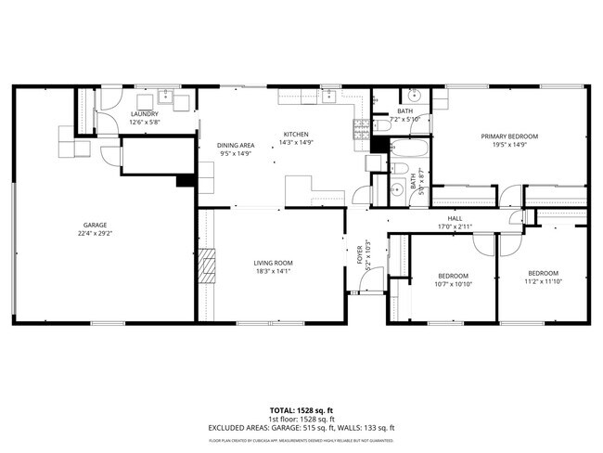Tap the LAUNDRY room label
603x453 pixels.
click(144, 114)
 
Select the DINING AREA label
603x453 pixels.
click(236, 145)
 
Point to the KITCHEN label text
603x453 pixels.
click(296, 134)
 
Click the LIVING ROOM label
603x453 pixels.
click(274, 264)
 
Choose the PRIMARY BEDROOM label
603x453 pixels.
click(508, 136)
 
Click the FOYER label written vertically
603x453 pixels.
click(358, 254)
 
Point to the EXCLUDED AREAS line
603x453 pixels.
click(301, 427)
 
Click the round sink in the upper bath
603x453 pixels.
click(415, 95)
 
